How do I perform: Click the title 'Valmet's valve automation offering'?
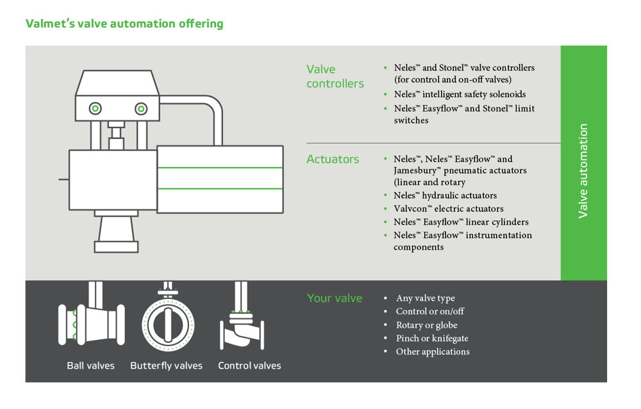(x=124, y=24)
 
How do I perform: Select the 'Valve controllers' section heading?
(x=335, y=76)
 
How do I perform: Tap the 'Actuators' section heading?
(x=333, y=159)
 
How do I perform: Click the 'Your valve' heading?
(x=335, y=298)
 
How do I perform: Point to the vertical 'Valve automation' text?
(x=583, y=171)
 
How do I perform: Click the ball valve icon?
(x=91, y=322)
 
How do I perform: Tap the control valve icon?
(x=242, y=323)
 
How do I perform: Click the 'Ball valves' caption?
(x=91, y=366)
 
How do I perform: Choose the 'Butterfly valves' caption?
(x=166, y=366)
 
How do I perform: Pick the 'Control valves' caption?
(x=249, y=366)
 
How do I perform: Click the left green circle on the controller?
(x=95, y=108)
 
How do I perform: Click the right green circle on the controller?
(x=141, y=108)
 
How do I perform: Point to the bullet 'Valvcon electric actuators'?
(x=448, y=209)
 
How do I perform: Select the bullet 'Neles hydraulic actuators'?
(x=445, y=195)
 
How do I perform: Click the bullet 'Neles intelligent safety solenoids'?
(x=459, y=94)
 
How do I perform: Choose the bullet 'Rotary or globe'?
(x=426, y=325)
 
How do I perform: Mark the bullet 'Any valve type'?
(x=425, y=298)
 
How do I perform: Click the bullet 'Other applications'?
(x=432, y=351)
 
